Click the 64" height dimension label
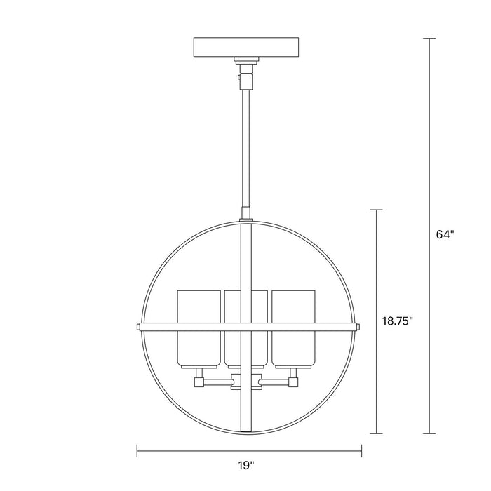pos(445,235)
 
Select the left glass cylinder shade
pos(196,328)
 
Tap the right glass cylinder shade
pos(293,328)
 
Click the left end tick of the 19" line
pos(137,452)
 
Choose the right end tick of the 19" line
pos(362,452)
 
